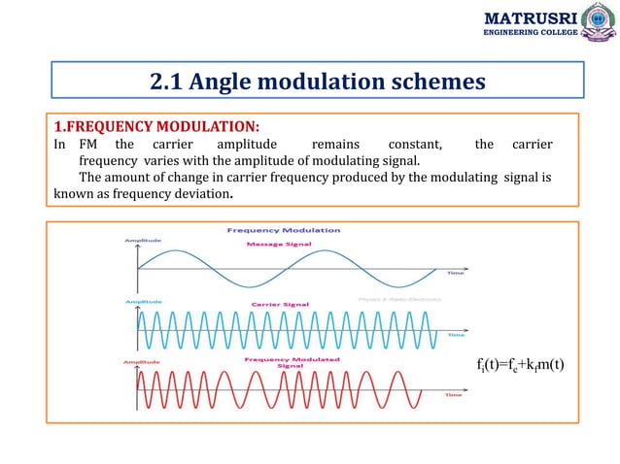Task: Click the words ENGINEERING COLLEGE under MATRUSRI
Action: [x=531, y=33]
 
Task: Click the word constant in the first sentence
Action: [x=413, y=145]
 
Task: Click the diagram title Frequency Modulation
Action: [x=284, y=230]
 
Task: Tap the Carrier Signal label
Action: [x=278, y=304]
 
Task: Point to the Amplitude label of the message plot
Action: [x=141, y=240]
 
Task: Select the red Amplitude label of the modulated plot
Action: [x=141, y=361]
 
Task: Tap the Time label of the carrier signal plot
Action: [x=454, y=335]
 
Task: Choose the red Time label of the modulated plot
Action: [x=453, y=395]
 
